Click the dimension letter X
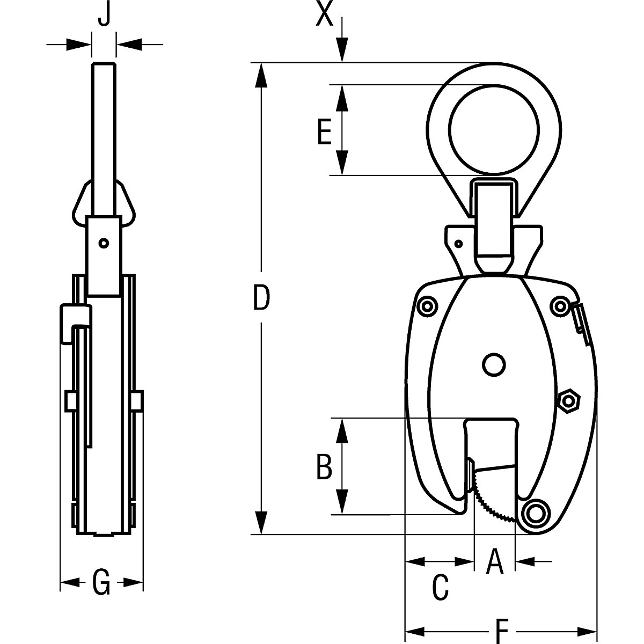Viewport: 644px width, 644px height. (x=325, y=15)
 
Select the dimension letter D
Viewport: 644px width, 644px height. (x=261, y=298)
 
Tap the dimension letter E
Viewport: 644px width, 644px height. (x=324, y=131)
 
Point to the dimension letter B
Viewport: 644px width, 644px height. (x=324, y=466)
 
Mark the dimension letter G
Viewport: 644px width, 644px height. (x=101, y=583)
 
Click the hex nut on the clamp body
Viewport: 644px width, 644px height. (x=568, y=400)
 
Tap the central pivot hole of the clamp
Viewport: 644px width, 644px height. (x=494, y=365)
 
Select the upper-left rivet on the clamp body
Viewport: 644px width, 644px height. (x=427, y=306)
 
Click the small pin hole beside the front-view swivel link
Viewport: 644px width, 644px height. (x=458, y=244)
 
